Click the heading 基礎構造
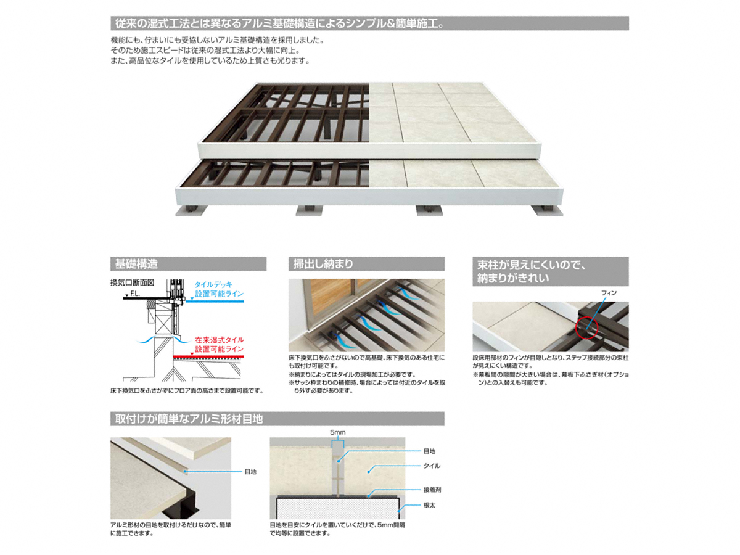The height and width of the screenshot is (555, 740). (x=136, y=263)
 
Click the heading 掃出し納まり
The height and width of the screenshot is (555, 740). (x=323, y=263)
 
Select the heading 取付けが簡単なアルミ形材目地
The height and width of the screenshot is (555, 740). (x=189, y=419)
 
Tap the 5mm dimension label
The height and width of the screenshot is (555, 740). (x=337, y=432)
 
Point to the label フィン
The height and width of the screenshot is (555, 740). (x=609, y=293)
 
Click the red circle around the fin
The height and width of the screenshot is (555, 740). (x=586, y=327)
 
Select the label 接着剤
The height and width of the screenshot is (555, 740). (x=432, y=490)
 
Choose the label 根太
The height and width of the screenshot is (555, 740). (x=429, y=506)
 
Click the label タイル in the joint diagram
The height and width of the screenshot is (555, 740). (x=432, y=466)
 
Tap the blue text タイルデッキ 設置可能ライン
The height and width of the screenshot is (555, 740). (x=219, y=289)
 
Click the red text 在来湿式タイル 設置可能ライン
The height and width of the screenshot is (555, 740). (x=219, y=344)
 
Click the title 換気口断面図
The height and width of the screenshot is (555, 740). (x=132, y=282)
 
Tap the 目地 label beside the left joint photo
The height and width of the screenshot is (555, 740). (x=250, y=472)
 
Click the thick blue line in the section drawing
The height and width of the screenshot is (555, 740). (x=215, y=302)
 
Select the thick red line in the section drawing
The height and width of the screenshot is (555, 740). (x=208, y=356)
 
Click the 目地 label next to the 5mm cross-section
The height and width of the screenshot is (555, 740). (x=429, y=451)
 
